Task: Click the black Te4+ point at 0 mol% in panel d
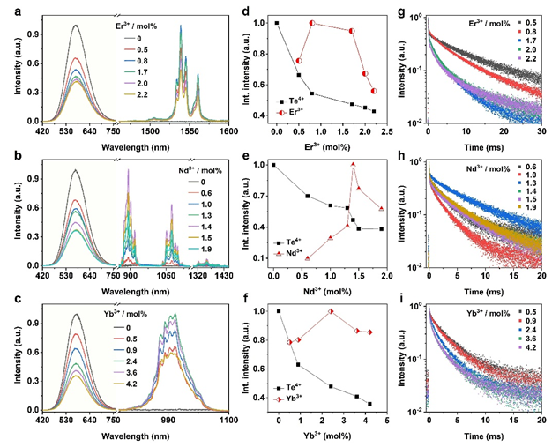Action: [277, 23]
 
